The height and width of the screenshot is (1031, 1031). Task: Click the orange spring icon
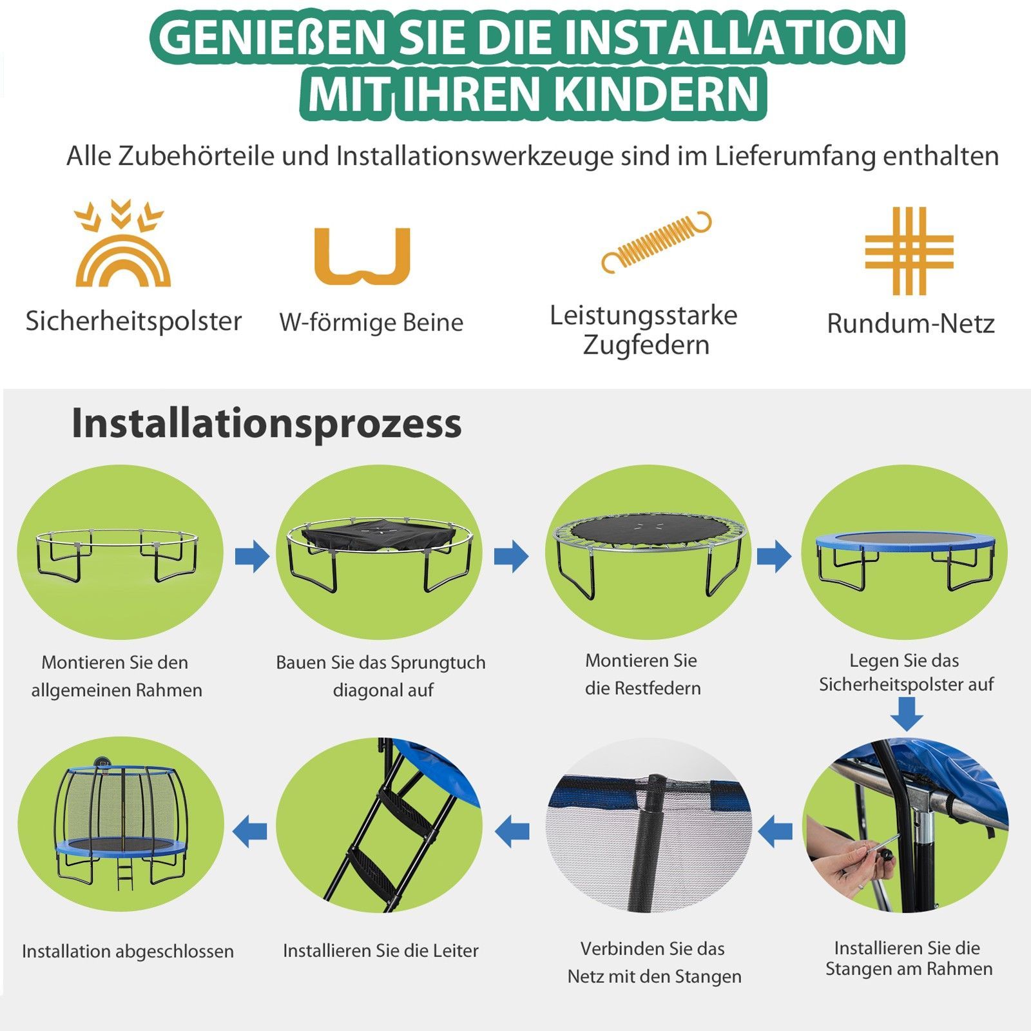(656, 242)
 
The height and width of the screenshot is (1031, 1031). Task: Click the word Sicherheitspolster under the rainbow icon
(133, 321)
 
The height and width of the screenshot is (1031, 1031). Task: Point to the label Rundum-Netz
(911, 323)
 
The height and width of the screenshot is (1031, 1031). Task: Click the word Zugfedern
(646, 345)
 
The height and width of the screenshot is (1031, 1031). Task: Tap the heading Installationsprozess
(266, 424)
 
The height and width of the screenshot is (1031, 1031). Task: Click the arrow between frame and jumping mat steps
(252, 556)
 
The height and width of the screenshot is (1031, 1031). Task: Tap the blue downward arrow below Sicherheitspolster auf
(907, 713)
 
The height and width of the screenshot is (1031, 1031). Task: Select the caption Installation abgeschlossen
(128, 951)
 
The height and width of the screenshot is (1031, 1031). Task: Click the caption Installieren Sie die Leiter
(381, 950)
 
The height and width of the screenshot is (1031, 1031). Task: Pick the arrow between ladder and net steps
(512, 831)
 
